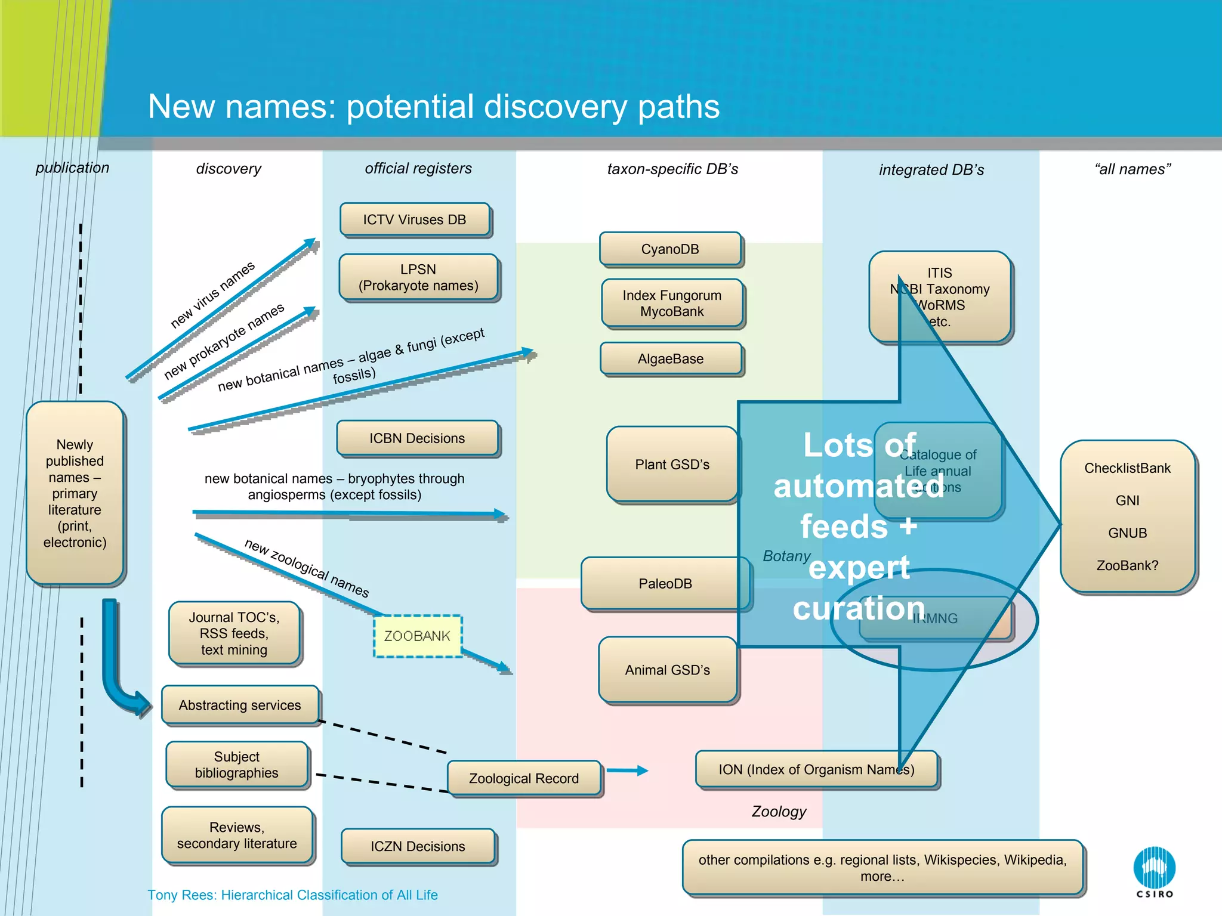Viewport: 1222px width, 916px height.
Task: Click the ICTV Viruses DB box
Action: tap(415, 219)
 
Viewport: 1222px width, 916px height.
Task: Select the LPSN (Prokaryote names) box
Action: tap(418, 277)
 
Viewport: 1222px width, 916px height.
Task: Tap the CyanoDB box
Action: tap(670, 249)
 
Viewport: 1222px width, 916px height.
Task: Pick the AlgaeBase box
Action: tap(671, 358)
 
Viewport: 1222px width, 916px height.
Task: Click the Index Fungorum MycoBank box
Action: tap(672, 304)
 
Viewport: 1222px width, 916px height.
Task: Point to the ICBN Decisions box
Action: tap(417, 438)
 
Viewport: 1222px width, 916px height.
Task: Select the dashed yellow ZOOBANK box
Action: tap(418, 636)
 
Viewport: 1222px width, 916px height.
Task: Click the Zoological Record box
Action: tap(524, 778)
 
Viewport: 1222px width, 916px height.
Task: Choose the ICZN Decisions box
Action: tap(418, 846)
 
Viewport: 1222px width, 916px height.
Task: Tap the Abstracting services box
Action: tap(240, 705)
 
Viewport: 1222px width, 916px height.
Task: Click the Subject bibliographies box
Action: tap(237, 765)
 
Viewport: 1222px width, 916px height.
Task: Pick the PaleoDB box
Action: tap(665, 583)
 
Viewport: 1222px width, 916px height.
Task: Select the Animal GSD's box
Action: tap(667, 670)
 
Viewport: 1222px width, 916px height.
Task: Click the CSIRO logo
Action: tap(1154, 871)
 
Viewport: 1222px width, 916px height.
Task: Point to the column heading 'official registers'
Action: tap(418, 169)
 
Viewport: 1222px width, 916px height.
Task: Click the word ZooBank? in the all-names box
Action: tap(1127, 565)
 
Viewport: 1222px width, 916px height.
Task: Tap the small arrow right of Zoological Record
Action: tap(628, 770)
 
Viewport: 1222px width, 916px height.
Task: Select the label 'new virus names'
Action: tap(212, 294)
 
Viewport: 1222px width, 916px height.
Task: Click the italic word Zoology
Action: tap(779, 812)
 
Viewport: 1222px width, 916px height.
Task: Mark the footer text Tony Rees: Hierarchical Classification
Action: tap(292, 895)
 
